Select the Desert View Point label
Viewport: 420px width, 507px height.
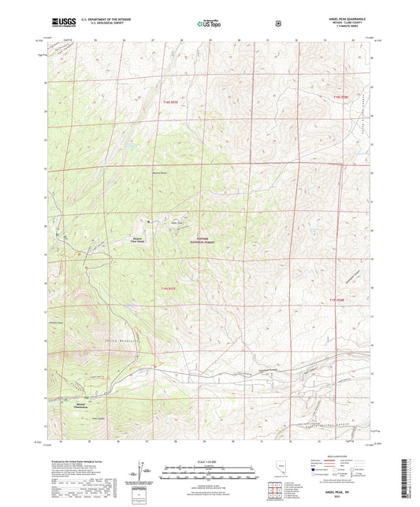click(x=137, y=240)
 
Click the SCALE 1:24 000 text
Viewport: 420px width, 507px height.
click(x=209, y=461)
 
